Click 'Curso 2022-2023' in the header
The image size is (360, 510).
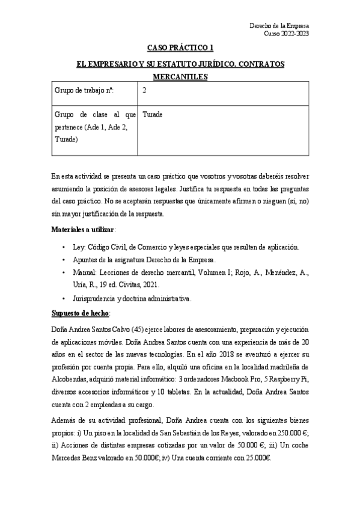coord(287,34)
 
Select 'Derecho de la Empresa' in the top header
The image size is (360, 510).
coord(279,26)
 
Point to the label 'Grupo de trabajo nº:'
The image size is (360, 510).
coord(84,91)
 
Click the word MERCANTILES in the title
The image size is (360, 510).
coord(180,76)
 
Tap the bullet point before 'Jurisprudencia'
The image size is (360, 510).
coord(63,298)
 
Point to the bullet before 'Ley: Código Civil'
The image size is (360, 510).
coord(63,247)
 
